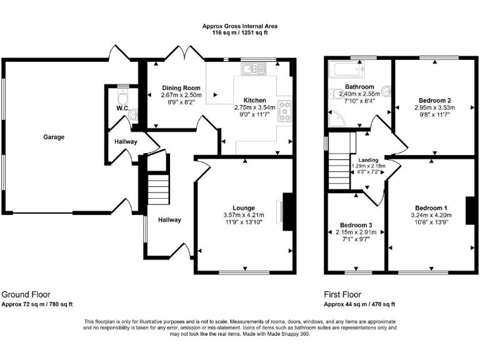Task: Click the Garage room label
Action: click(x=54, y=137)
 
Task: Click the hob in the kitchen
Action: click(x=285, y=111)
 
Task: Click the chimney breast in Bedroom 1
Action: click(x=471, y=211)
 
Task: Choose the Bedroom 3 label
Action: click(x=356, y=225)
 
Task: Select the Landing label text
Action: click(x=369, y=160)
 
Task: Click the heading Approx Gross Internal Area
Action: click(x=240, y=26)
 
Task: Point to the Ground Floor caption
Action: click(x=26, y=294)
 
